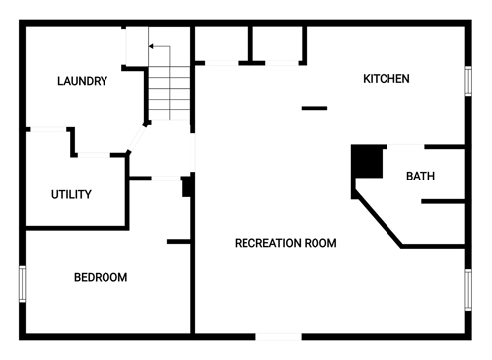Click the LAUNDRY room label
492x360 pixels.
tap(82, 81)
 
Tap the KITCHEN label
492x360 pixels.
tap(387, 79)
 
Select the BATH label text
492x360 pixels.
tap(420, 176)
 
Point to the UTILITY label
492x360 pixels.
tap(71, 194)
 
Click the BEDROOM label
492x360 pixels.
tap(101, 277)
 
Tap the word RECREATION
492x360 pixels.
tap(267, 243)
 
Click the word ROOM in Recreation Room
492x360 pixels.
tap(320, 243)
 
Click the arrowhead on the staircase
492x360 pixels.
tap(151, 46)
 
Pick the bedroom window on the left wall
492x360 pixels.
tap(22, 284)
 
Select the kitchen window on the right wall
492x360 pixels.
tap(468, 81)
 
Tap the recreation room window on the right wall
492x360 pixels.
tap(468, 290)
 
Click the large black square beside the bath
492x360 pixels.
tap(367, 161)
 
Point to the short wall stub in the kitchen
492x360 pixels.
tap(315, 108)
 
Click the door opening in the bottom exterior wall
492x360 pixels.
tap(279, 337)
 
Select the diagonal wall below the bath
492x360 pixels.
tap(378, 220)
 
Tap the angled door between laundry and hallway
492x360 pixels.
tap(136, 139)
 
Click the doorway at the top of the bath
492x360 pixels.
tap(405, 146)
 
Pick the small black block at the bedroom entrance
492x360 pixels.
tap(186, 186)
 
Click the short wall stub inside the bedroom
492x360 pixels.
tap(178, 242)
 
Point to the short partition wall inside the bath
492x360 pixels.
tap(443, 201)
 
